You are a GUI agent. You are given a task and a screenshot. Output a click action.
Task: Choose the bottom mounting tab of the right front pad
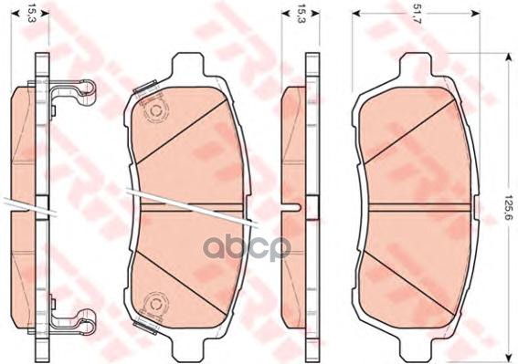pyautogui.click(x=417, y=349)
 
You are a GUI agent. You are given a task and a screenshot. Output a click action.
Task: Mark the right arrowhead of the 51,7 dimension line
pyautogui.click(x=478, y=13)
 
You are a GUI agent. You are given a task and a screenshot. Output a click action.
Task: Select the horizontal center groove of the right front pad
pyautogui.click(x=417, y=207)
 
